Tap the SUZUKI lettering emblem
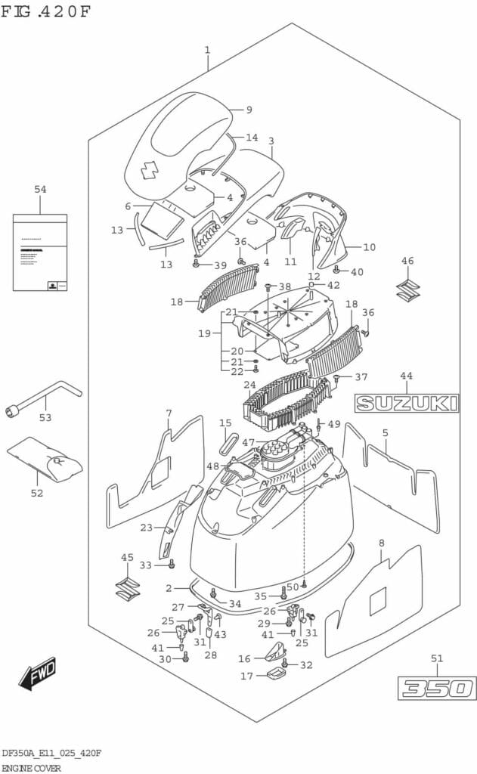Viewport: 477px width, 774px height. (407, 403)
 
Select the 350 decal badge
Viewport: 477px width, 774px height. (438, 689)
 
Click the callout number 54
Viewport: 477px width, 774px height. (40, 189)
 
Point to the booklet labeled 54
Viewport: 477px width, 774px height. (40, 252)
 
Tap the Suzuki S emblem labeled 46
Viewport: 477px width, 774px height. (407, 289)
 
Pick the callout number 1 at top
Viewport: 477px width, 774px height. (206, 51)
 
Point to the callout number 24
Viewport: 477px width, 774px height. (249, 385)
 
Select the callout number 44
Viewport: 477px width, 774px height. (407, 376)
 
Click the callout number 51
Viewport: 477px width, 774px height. (437, 658)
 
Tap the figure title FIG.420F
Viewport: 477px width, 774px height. (45, 13)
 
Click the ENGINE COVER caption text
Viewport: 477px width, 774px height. (31, 766)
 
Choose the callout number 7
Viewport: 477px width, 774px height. (169, 413)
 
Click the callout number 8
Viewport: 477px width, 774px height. (381, 543)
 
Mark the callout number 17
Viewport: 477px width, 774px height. (246, 676)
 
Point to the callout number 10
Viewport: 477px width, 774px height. (369, 247)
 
